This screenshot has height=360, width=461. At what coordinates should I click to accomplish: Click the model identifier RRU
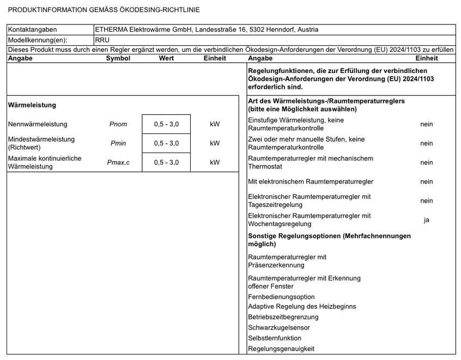click(102, 40)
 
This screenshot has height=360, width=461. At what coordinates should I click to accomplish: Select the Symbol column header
click(118, 58)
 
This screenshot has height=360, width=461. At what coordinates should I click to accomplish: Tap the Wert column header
click(166, 58)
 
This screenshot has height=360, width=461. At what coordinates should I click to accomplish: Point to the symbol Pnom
click(118, 124)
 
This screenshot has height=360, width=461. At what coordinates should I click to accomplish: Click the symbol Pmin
click(118, 143)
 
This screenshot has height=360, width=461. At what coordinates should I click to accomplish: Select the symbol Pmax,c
click(118, 162)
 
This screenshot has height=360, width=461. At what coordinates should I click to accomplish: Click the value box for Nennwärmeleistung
click(166, 124)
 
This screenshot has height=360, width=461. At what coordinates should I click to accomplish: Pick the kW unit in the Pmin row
click(215, 143)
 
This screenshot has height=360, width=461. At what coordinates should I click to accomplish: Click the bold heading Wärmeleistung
click(32, 105)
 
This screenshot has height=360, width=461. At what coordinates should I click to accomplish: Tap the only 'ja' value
click(427, 220)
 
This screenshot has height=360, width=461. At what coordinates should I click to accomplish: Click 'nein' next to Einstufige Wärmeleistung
click(427, 124)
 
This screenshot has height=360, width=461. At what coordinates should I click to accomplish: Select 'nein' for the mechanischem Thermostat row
click(427, 162)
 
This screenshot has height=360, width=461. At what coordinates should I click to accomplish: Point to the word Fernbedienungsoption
click(281, 297)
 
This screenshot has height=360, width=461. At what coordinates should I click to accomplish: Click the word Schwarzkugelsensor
click(279, 328)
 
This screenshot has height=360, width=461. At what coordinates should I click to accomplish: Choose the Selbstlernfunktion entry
click(275, 338)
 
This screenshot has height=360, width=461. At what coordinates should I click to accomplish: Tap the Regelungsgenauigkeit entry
click(281, 349)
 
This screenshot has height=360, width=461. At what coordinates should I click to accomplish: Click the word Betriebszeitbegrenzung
click(283, 317)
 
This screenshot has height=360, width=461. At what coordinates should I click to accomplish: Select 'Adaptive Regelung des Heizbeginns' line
click(302, 307)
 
